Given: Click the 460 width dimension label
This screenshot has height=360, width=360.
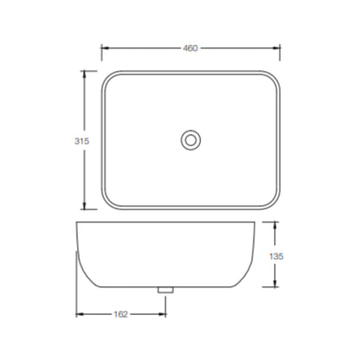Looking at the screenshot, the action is (190, 48).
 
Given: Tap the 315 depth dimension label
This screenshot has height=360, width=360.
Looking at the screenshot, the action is (82, 141).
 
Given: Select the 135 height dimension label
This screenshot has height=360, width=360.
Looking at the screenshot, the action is (276, 256).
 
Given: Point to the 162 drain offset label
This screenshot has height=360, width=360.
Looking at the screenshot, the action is (120, 314).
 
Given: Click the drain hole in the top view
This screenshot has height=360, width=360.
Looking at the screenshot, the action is (190, 140).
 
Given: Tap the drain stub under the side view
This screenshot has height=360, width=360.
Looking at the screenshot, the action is (165, 290).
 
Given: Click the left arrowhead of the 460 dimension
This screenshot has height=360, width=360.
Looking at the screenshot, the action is (105, 48).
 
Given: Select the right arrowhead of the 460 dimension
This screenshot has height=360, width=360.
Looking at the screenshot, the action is (277, 48).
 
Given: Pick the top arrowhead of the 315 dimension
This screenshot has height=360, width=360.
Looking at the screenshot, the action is (84, 74).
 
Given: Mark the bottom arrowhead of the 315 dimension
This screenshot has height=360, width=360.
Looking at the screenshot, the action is (84, 206).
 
